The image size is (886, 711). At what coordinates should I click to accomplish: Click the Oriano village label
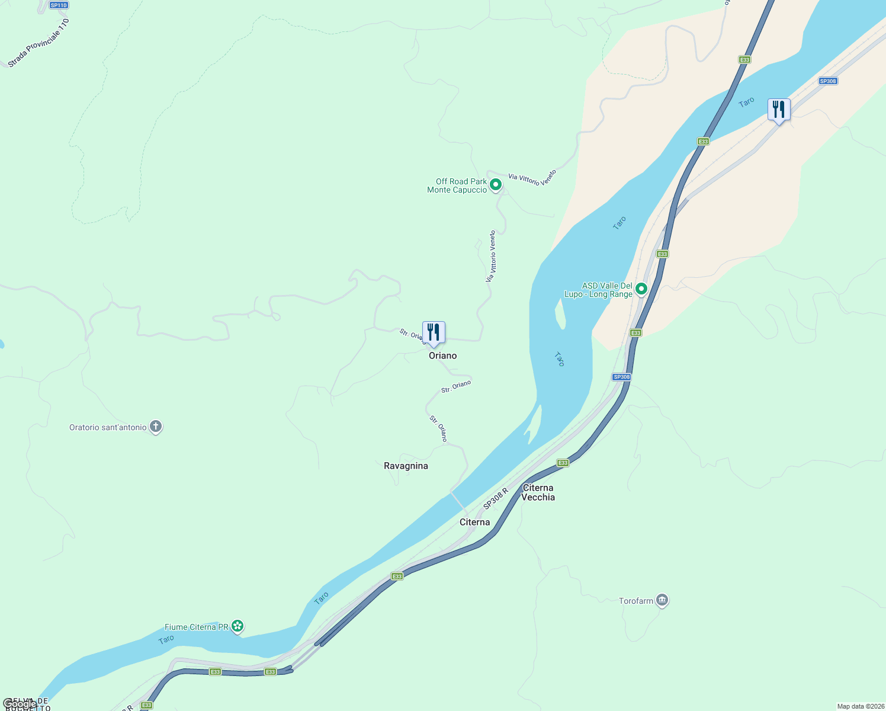[x=442, y=355]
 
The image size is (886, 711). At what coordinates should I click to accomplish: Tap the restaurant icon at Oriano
[x=434, y=333]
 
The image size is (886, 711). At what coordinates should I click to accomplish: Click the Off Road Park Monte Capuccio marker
[x=496, y=185]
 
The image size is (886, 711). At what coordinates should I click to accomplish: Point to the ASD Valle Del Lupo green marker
[x=641, y=289]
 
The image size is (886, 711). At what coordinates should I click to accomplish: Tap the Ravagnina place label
[x=406, y=466]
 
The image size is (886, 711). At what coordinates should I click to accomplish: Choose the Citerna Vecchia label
[x=538, y=492]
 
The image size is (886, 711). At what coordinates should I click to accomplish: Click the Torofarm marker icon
[x=662, y=601]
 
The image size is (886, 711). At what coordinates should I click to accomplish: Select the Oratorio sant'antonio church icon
[x=156, y=427]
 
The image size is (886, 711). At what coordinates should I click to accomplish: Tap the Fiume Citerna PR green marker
[x=237, y=626]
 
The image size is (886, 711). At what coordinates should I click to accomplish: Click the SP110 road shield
[x=59, y=5]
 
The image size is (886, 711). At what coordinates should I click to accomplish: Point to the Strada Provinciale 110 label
[x=39, y=43]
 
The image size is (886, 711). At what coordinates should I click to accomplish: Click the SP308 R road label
[x=496, y=498]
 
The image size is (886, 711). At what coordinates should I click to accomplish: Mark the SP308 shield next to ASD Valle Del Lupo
[x=621, y=377]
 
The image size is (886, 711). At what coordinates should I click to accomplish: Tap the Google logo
[x=20, y=704]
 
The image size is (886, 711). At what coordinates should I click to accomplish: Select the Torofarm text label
[x=635, y=601]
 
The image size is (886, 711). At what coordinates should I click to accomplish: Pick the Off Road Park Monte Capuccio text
[x=457, y=185]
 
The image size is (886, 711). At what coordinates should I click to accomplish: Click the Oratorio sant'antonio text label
[x=108, y=427]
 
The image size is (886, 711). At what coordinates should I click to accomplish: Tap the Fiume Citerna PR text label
[x=196, y=627]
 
